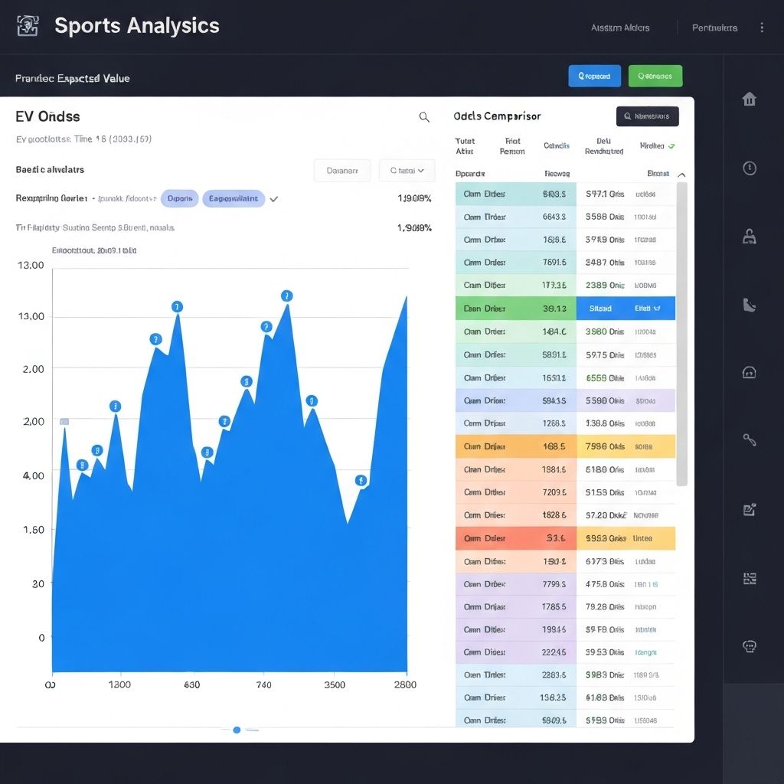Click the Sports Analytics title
tap(136, 25)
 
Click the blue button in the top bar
tap(594, 76)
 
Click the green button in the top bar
tap(655, 76)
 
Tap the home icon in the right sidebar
tap(750, 100)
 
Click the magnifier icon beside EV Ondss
tap(424, 117)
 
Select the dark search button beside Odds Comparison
tap(647, 116)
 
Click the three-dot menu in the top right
tap(762, 28)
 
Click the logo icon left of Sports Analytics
tap(28, 25)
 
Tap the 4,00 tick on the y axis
tap(34, 475)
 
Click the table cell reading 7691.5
tap(554, 263)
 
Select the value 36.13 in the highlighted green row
tap(554, 309)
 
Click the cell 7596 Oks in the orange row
tap(605, 446)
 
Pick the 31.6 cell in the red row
tap(557, 538)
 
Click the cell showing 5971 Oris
tap(605, 194)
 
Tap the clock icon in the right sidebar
tap(750, 168)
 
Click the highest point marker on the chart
tap(287, 296)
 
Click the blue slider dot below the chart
tap(237, 730)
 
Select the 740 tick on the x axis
tap(263, 684)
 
